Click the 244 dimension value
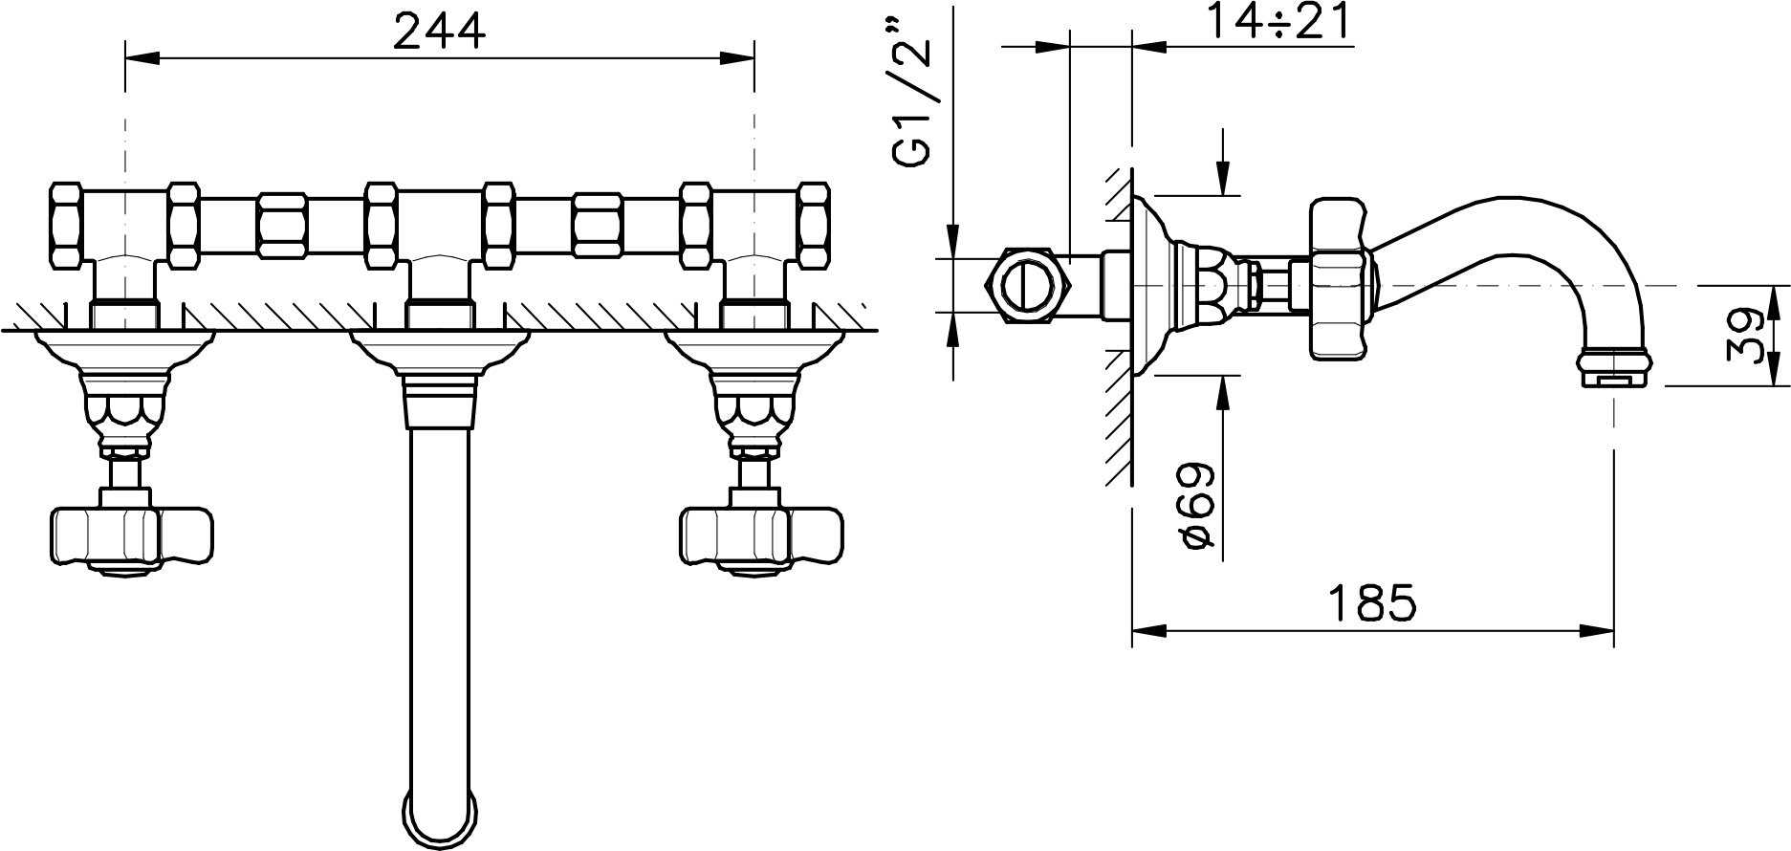point(440,33)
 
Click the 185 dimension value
point(1372,603)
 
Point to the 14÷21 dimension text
point(1279,22)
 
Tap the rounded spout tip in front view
point(441,814)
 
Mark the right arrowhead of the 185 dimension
point(1598,630)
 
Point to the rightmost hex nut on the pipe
point(814,226)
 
